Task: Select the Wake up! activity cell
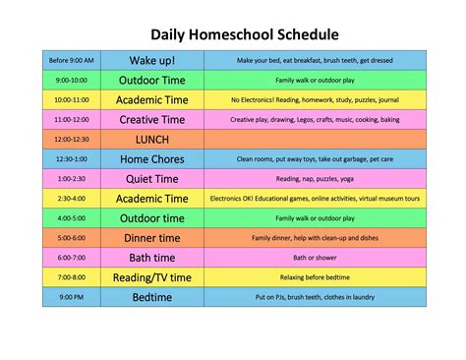(151, 60)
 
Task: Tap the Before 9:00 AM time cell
(70, 60)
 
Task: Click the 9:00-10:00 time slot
(70, 80)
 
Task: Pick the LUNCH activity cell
(151, 139)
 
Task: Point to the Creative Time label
(151, 119)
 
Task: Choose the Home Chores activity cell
(151, 158)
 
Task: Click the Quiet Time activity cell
(151, 178)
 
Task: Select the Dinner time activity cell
(151, 237)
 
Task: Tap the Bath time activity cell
(151, 257)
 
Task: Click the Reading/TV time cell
(151, 276)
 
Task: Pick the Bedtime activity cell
(151, 296)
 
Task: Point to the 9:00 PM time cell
(70, 296)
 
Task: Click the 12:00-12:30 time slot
(70, 139)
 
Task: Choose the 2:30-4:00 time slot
(70, 198)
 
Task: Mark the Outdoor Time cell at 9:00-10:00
(151, 80)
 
